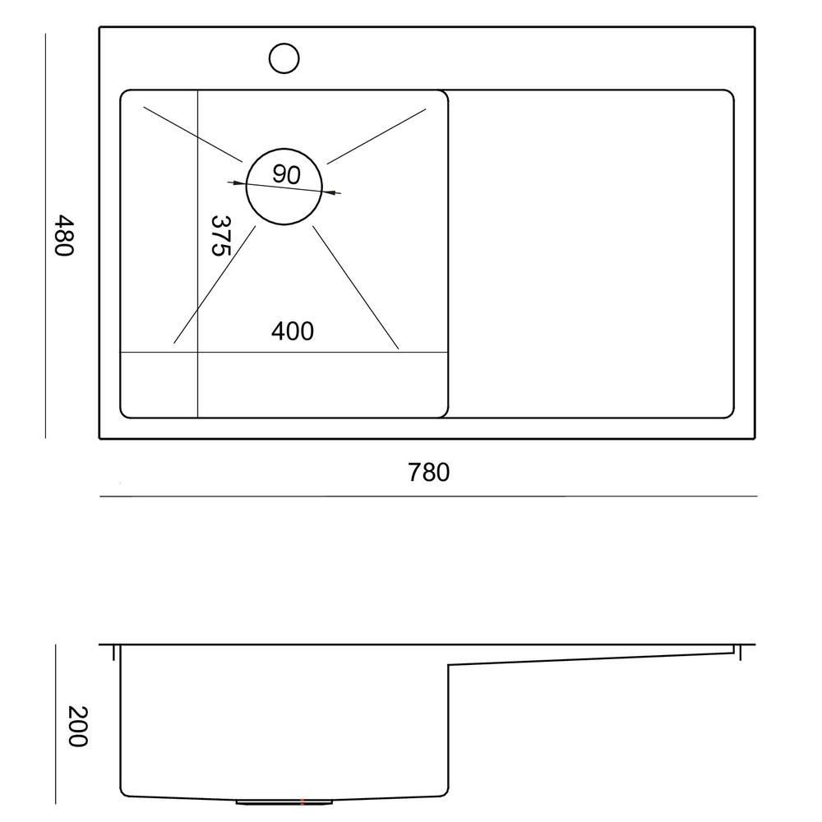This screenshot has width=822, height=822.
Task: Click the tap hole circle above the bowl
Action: (284, 58)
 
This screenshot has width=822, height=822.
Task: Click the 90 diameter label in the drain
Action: (285, 174)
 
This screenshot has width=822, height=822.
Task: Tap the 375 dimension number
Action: (219, 236)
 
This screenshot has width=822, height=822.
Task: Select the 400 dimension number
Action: (293, 331)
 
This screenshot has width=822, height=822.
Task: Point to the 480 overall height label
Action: (64, 236)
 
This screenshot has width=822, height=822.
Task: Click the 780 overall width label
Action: (429, 473)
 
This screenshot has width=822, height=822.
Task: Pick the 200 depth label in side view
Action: (76, 726)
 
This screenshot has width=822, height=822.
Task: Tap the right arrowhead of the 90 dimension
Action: (335, 193)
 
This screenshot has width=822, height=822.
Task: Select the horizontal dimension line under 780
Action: (427, 496)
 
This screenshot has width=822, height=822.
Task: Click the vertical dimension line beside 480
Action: (45, 236)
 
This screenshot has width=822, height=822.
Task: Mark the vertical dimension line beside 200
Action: (56, 723)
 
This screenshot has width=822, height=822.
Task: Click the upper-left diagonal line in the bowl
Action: (192, 133)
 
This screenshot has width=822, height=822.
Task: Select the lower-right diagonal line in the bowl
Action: (356, 287)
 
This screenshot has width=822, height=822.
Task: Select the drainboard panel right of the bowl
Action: (590, 253)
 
